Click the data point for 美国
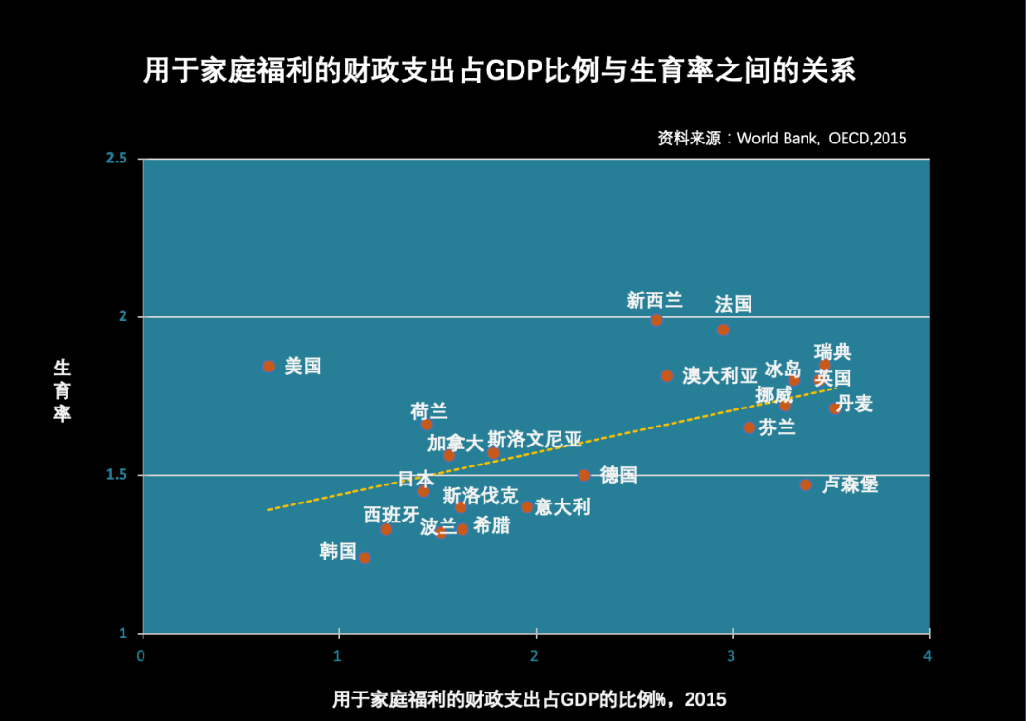tap(269, 366)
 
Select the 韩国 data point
tap(365, 558)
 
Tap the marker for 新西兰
tap(656, 320)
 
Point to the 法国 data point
tap(723, 330)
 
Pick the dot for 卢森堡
tap(806, 484)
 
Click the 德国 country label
tap(618, 475)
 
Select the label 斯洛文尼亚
tap(535, 440)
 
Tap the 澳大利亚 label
tap(720, 375)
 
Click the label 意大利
tap(562, 507)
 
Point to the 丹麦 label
tap(854, 404)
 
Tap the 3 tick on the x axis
tap(732, 656)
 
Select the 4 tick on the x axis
tap(928, 656)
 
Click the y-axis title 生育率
tap(63, 390)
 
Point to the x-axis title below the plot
tap(529, 700)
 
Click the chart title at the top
tap(500, 71)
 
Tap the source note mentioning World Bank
tap(782, 139)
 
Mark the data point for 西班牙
tap(386, 529)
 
